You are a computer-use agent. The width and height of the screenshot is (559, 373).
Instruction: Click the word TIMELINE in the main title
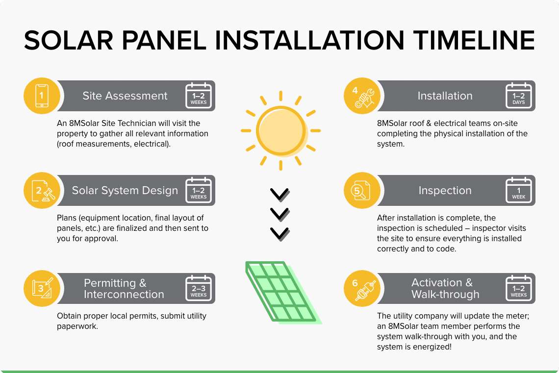click(471, 40)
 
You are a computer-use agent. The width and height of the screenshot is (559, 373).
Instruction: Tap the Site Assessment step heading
click(125, 96)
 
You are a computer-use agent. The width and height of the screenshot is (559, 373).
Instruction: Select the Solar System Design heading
click(125, 191)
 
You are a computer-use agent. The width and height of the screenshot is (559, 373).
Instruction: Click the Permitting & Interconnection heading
click(124, 289)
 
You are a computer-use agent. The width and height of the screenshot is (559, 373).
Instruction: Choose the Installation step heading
click(445, 96)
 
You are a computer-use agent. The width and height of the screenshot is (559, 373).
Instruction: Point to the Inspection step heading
click(445, 191)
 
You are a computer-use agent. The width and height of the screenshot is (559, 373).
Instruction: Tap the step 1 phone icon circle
click(42, 96)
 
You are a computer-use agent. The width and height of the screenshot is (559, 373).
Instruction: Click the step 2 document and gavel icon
click(42, 190)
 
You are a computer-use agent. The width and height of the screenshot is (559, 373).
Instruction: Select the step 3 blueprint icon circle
click(42, 288)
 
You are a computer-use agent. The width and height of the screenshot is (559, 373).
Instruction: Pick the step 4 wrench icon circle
click(361, 96)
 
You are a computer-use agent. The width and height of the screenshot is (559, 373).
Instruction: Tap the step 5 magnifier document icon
click(361, 190)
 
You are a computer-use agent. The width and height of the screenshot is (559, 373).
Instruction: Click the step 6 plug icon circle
click(361, 288)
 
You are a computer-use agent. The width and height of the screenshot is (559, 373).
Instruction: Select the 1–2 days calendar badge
click(518, 96)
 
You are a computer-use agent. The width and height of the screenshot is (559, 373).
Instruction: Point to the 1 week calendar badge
click(518, 190)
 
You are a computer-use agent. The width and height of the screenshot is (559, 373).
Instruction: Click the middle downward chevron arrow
click(279, 214)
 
